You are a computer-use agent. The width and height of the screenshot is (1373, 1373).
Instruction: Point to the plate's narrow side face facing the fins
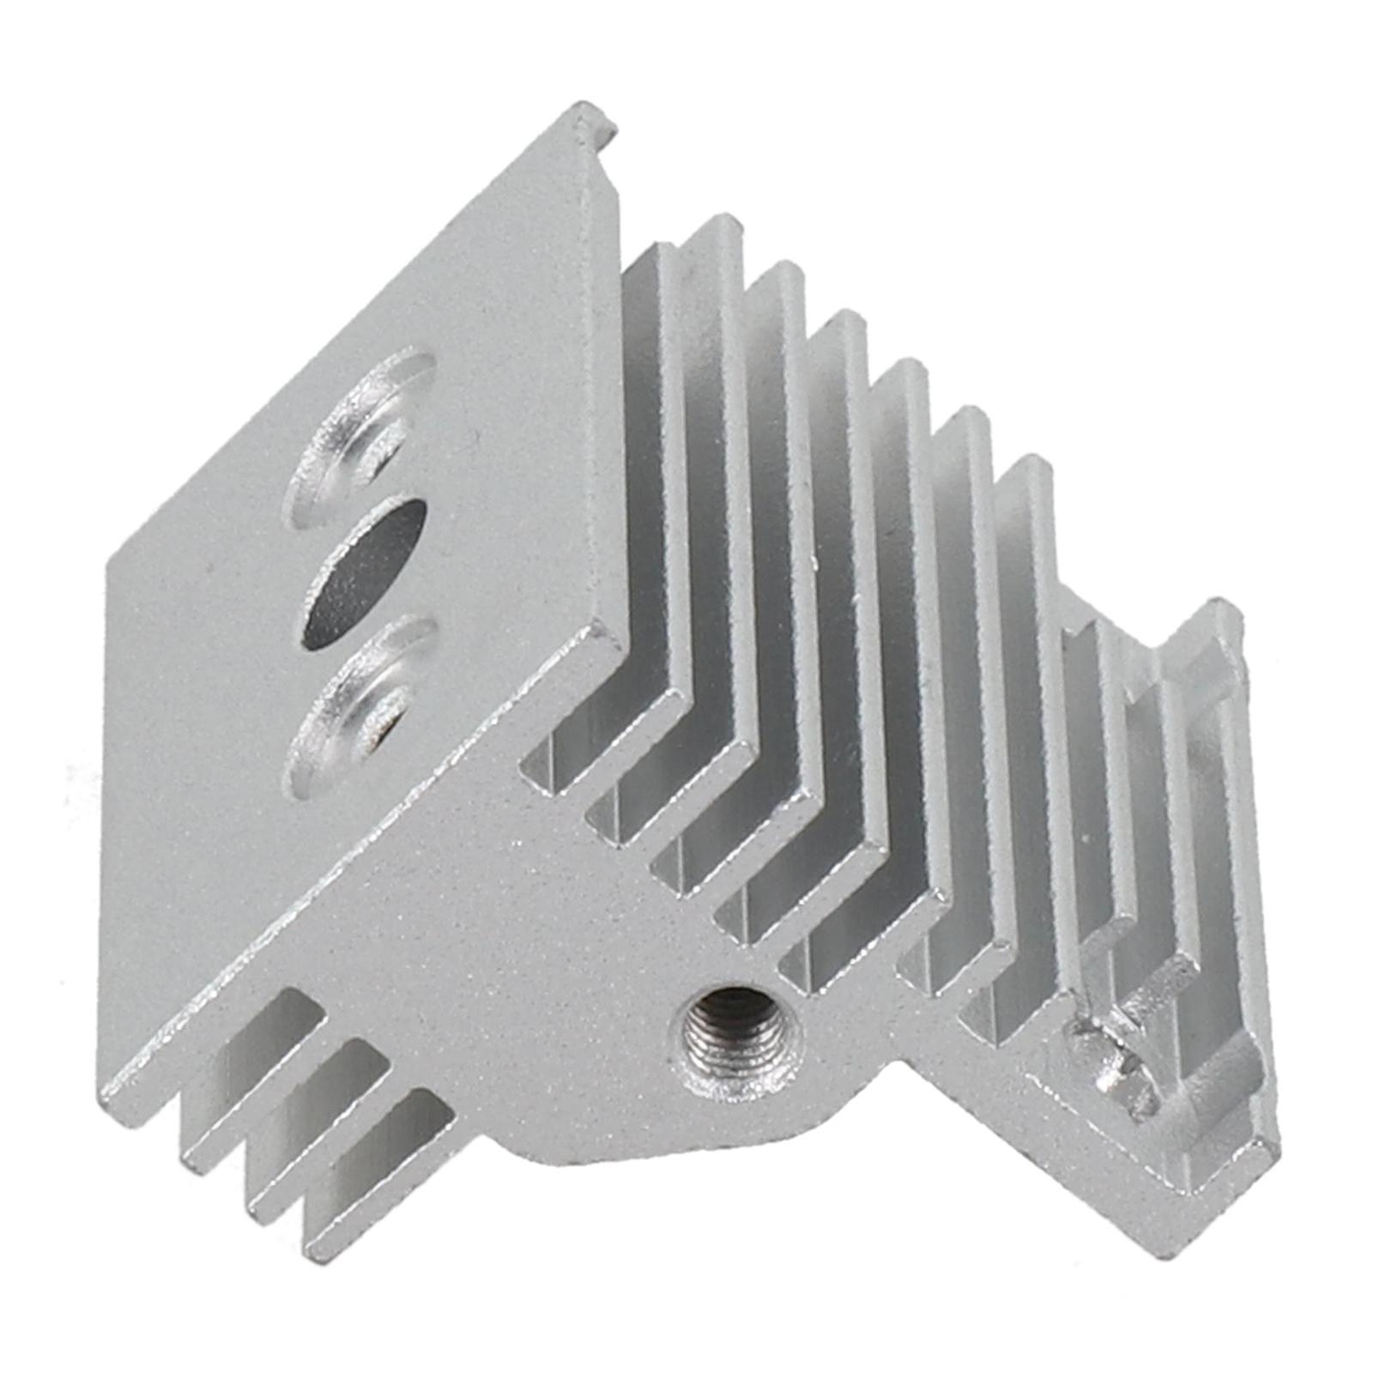coord(605,386)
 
